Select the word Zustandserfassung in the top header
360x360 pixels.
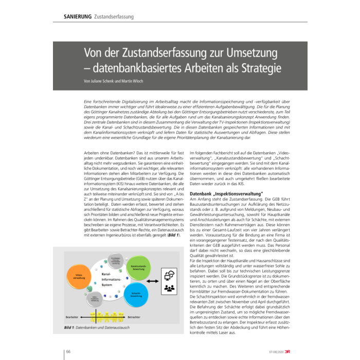[x=114, y=16]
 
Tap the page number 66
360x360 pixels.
[x=67, y=351]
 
